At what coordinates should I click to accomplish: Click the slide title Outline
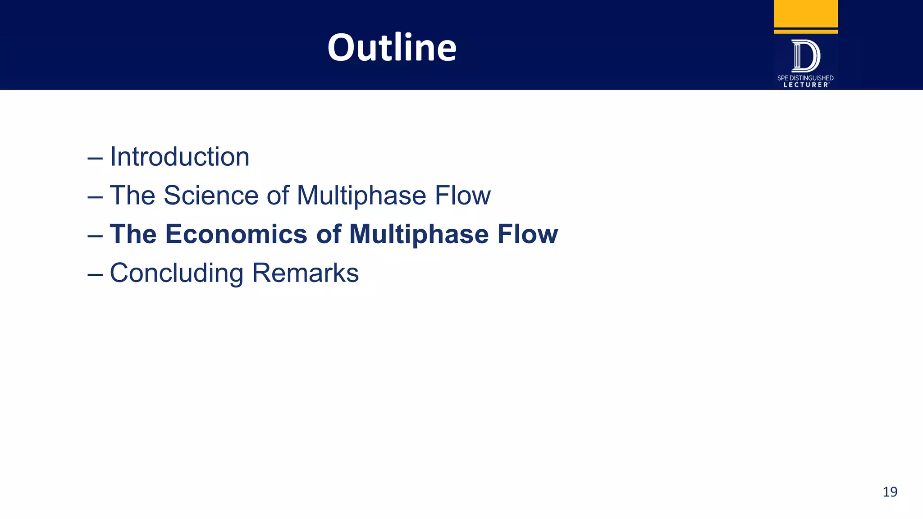tap(392, 47)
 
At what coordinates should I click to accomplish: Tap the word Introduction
tap(179, 157)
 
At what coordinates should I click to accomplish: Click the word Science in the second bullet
tap(211, 196)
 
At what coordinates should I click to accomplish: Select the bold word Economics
tap(236, 234)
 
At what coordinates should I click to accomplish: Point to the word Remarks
tap(305, 273)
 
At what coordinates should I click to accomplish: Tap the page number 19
tap(890, 492)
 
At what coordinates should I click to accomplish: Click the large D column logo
tap(806, 56)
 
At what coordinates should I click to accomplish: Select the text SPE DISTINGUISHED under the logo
tap(805, 78)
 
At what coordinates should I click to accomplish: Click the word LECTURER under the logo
tap(805, 85)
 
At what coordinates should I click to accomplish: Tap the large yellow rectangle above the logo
tap(806, 14)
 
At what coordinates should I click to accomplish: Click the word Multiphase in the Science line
tap(361, 196)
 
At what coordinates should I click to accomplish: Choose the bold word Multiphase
tap(419, 234)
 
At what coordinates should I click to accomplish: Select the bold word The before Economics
tap(133, 234)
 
